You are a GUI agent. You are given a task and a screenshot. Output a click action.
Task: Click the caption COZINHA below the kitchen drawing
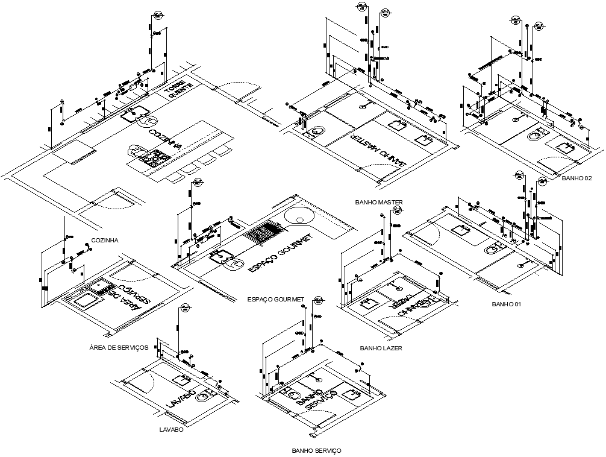click(x=105, y=240)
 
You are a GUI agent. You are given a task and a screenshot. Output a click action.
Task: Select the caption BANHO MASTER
click(x=379, y=202)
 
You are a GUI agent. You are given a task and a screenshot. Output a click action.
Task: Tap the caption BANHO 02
click(x=576, y=179)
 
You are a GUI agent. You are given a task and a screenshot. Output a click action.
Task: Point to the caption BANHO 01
click(x=505, y=304)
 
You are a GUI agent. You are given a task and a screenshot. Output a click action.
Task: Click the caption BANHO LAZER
click(x=381, y=348)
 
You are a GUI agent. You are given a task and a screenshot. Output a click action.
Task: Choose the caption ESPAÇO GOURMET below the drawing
click(x=275, y=299)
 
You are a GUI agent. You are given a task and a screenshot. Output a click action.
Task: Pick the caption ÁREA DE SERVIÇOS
click(x=118, y=348)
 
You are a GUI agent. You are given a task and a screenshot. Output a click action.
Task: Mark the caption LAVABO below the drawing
click(x=171, y=430)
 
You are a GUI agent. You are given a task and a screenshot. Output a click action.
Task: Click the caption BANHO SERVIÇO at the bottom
click(x=316, y=450)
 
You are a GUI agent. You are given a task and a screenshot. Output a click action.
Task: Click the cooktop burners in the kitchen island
click(x=153, y=159)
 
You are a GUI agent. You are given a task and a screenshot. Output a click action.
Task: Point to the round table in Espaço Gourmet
click(x=297, y=215)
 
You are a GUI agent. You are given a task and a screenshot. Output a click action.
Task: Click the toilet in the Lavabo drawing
click(x=207, y=396)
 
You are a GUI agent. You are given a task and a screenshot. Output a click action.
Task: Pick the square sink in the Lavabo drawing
click(x=180, y=380)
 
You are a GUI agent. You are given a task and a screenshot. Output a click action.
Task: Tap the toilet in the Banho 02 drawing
click(x=536, y=137)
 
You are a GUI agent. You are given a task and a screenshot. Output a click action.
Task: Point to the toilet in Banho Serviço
click(x=292, y=396)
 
